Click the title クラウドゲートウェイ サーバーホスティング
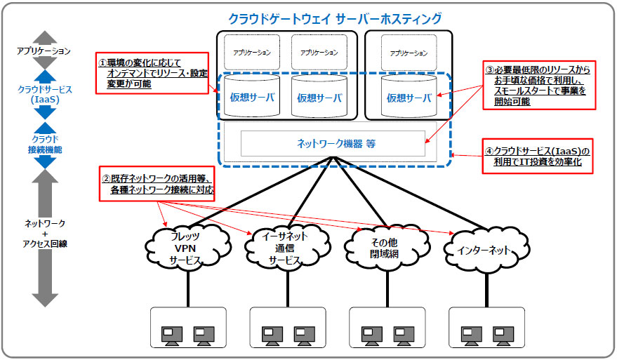coord(335,18)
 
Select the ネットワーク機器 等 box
coord(333,143)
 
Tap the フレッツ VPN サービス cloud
coord(187,248)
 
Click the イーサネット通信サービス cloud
coord(287,248)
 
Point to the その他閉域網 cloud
coord(386,248)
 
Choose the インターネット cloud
coord(486,250)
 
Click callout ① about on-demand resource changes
coord(152,73)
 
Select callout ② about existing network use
coord(157,184)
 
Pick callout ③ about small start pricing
coord(539,86)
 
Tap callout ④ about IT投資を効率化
coord(538,156)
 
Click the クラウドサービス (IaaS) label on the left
coord(45,95)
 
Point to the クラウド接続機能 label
coord(45,144)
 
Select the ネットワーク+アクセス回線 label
coord(45,233)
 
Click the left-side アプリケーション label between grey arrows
coord(44,51)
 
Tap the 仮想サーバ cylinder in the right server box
coord(409,96)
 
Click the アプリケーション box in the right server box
coord(409,53)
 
